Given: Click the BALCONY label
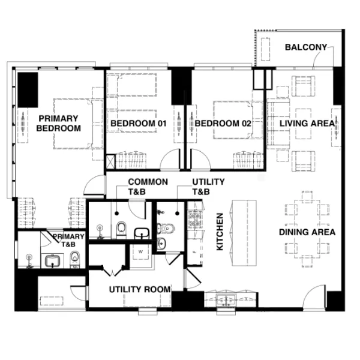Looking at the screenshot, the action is pyautogui.click(x=306, y=47).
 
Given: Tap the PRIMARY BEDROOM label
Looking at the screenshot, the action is pyautogui.click(x=59, y=123).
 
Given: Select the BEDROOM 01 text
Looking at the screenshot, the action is pyautogui.click(x=138, y=123).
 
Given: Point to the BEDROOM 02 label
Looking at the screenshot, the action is pyautogui.click(x=223, y=123).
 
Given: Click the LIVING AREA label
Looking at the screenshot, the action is pyautogui.click(x=307, y=123).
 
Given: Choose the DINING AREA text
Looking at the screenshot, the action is pyautogui.click(x=307, y=232).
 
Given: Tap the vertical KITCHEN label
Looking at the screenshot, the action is pyautogui.click(x=220, y=232).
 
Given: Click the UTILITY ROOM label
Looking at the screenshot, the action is pyautogui.click(x=140, y=290).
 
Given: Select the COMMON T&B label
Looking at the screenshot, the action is pyautogui.click(x=148, y=187).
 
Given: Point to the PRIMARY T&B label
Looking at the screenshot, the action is pyautogui.click(x=68, y=241).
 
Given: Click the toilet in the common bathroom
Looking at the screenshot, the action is pyautogui.click(x=121, y=229).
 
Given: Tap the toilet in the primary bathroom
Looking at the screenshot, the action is pyautogui.click(x=75, y=259).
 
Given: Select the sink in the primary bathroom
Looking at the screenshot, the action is pyautogui.click(x=52, y=261).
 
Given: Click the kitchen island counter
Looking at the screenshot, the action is pyautogui.click(x=244, y=233).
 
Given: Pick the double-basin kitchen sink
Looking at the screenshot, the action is pyautogui.click(x=226, y=300).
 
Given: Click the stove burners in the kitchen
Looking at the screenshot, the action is pyautogui.click(x=195, y=219).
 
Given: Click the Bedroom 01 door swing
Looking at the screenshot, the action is pyautogui.click(x=170, y=160).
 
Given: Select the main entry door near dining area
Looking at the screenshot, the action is pyautogui.click(x=314, y=297).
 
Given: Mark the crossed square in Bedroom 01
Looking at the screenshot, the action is pyautogui.click(x=110, y=162).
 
